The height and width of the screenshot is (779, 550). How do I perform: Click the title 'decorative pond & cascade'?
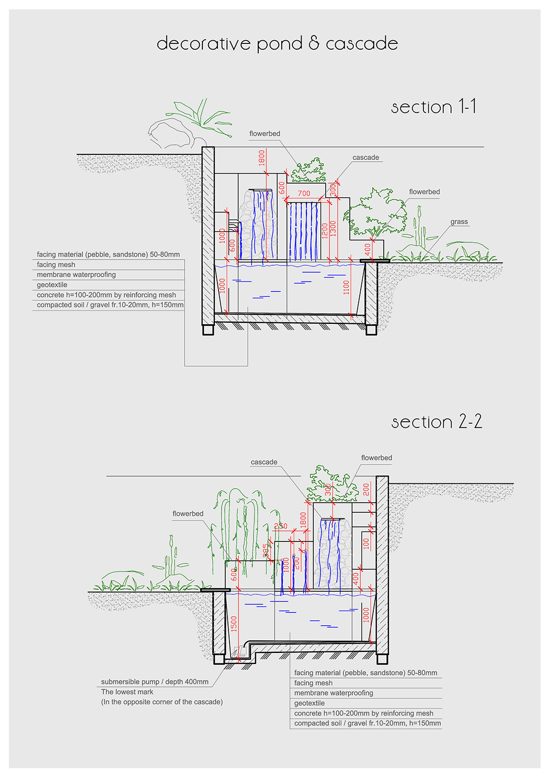(x=277, y=43)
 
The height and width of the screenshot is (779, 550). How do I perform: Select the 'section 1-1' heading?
(x=433, y=107)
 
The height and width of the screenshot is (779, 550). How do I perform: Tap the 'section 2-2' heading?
(x=437, y=422)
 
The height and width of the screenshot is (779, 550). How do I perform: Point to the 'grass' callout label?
(x=459, y=222)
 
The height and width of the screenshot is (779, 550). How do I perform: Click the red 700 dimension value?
(x=304, y=194)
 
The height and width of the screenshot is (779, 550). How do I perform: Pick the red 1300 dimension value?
(x=333, y=229)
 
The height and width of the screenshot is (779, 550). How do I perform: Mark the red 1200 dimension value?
(x=325, y=230)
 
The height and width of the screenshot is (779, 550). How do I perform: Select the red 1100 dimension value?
(x=346, y=288)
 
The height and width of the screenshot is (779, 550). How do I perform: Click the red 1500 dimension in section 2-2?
(x=234, y=623)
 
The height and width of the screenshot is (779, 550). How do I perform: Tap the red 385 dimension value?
(x=266, y=550)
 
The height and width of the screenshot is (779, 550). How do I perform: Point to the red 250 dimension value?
(x=281, y=526)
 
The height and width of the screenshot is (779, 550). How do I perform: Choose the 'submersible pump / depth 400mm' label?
(x=155, y=682)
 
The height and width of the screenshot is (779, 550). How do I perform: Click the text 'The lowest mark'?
(x=127, y=692)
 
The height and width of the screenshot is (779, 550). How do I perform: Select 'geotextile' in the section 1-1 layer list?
(x=52, y=285)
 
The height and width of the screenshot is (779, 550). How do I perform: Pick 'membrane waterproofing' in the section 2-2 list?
(x=334, y=693)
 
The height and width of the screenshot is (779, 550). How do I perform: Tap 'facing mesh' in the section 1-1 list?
(x=56, y=265)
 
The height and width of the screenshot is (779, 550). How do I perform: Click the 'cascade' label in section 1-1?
(x=365, y=157)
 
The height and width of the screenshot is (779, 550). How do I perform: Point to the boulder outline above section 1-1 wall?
(x=170, y=134)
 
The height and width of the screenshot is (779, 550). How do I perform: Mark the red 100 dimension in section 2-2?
(x=366, y=543)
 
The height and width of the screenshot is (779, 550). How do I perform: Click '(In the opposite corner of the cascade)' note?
(x=162, y=702)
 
